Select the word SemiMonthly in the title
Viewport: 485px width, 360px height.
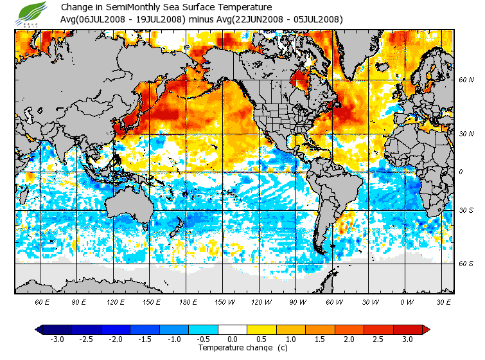pos(138,7)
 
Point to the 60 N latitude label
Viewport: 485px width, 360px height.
pos(466,81)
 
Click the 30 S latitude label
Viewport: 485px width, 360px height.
pos(466,211)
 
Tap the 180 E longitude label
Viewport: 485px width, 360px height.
pos(187,302)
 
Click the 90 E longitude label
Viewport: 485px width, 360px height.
pos(79,302)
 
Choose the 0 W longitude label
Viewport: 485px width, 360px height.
pos(407,302)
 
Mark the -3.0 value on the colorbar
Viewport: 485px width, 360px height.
pos(57,339)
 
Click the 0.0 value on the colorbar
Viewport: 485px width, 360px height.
pos(233,339)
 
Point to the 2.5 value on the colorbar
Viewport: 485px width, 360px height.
pos(378,339)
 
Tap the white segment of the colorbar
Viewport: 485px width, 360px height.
pos(233,329)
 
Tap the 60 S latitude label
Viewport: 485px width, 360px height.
pos(466,264)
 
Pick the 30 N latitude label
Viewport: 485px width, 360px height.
pos(466,134)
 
